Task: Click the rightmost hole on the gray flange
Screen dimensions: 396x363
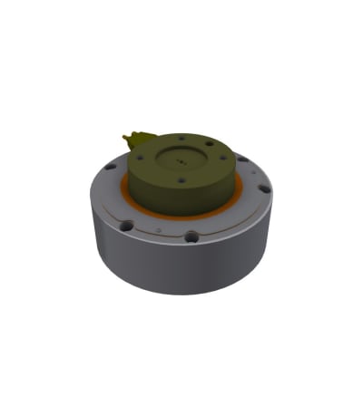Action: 264,189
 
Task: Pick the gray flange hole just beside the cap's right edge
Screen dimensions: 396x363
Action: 242,159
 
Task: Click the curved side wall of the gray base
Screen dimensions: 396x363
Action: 181,267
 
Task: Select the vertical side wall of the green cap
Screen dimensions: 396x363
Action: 181,197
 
